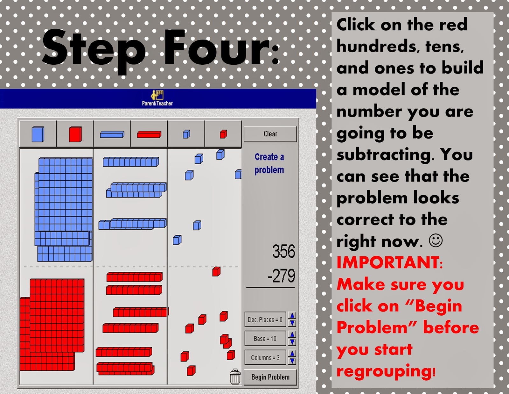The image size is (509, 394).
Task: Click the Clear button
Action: (x=270, y=134)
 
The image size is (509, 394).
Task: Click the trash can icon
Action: (x=235, y=377)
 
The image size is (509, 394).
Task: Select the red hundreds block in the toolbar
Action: (x=75, y=134)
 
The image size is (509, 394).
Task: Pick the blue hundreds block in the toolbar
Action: (x=38, y=134)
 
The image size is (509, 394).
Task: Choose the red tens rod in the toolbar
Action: (x=149, y=134)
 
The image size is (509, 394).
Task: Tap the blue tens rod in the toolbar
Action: (x=112, y=134)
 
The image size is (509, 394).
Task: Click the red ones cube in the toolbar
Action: (x=223, y=134)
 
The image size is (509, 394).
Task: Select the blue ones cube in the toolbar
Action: (x=186, y=134)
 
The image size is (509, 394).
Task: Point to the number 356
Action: (x=284, y=251)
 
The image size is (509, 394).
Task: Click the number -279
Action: (x=281, y=276)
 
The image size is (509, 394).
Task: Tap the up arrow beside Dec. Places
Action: (x=292, y=315)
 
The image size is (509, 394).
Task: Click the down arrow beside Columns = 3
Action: (x=292, y=361)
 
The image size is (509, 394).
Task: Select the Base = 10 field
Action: (x=265, y=338)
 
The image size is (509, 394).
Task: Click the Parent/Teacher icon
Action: (x=157, y=98)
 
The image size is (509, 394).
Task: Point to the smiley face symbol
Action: (x=436, y=240)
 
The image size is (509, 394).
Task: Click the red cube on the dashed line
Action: (x=216, y=272)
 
